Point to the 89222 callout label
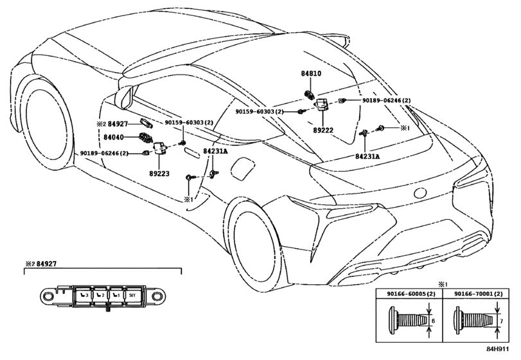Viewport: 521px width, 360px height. tap(322, 129)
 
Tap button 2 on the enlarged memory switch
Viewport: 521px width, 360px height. tap(100, 295)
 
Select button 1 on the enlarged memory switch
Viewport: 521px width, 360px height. tap(116, 295)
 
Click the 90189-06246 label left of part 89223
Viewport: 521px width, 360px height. tap(105, 153)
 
